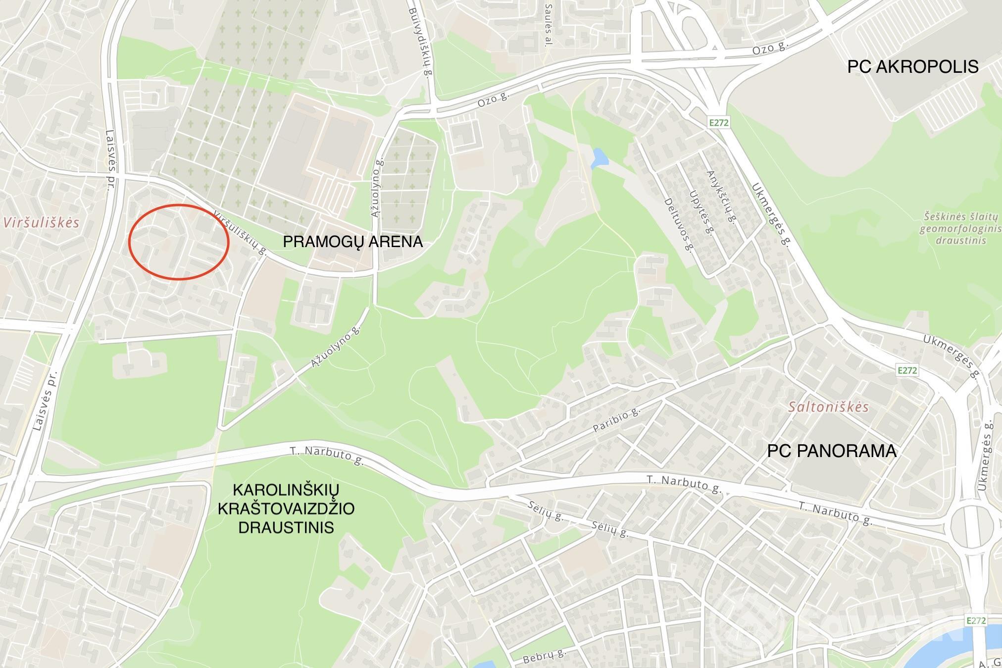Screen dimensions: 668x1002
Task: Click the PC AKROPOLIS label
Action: [912, 67]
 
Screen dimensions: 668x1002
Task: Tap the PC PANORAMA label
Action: [832, 451]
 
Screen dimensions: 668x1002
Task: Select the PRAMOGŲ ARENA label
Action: [352, 242]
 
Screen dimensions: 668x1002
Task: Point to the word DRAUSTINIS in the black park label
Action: [286, 527]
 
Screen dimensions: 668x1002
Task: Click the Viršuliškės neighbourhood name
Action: [42, 222]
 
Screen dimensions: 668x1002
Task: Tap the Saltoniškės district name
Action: [829, 407]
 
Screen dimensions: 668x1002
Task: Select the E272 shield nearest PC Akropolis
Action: [718, 122]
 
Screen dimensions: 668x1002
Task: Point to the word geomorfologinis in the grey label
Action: [959, 229]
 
